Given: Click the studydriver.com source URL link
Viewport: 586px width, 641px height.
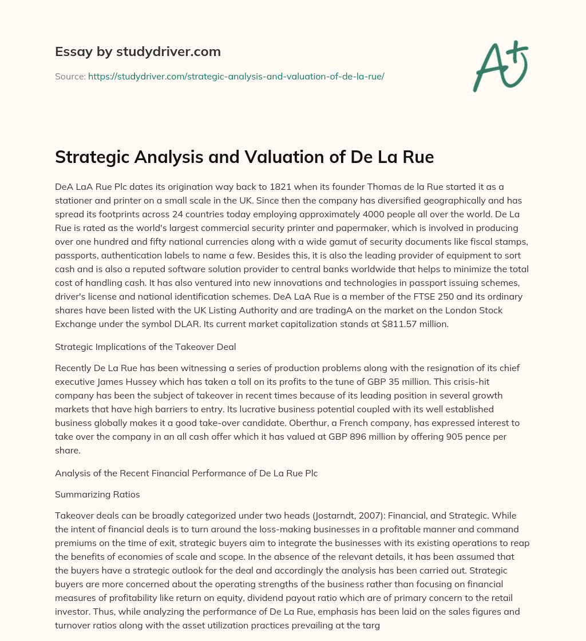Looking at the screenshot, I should (x=236, y=76).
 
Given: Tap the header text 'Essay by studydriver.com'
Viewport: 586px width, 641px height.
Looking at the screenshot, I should (x=137, y=51).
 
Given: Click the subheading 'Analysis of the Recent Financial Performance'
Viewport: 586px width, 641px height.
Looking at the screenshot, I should (x=186, y=457).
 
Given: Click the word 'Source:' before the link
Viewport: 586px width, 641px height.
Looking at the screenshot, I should (x=70, y=76).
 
